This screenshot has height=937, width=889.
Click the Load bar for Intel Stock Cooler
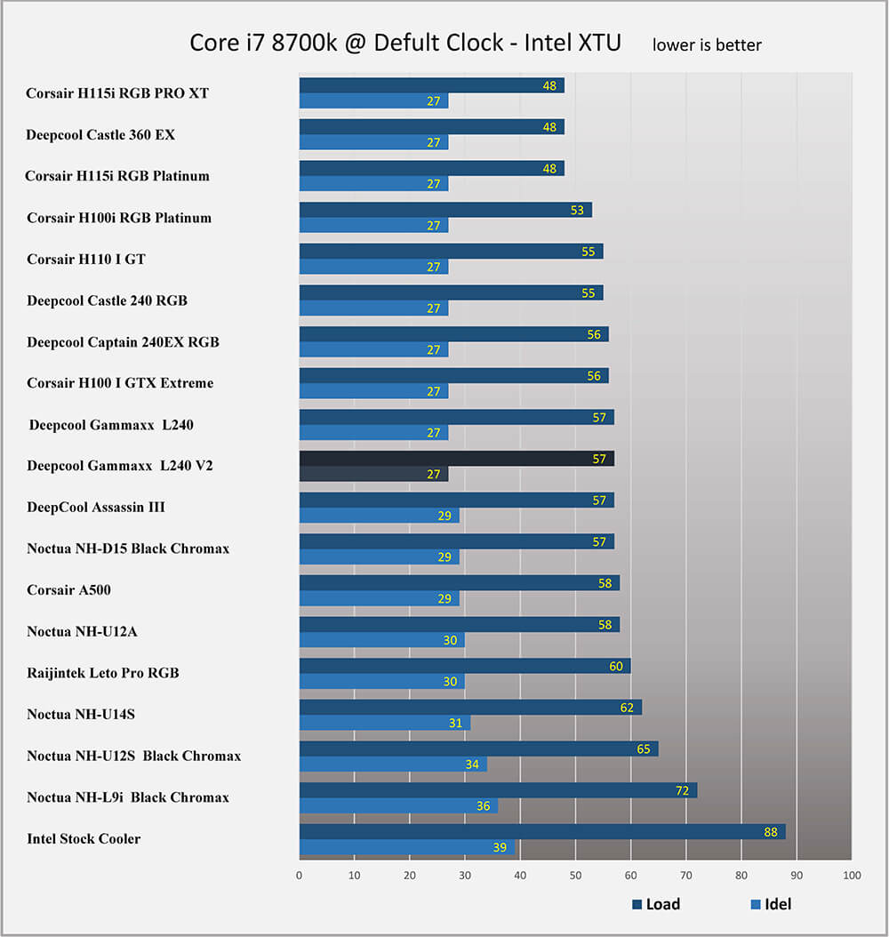pyautogui.click(x=542, y=832)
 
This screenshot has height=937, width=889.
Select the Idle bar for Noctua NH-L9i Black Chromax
pyautogui.click(x=398, y=806)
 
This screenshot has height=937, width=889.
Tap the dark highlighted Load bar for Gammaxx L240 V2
pyautogui.click(x=457, y=459)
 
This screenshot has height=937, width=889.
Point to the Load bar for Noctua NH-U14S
pyautogui.click(x=470, y=708)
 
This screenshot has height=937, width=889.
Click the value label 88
pyautogui.click(x=771, y=832)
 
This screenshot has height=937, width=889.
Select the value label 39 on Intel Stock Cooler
pyautogui.click(x=500, y=848)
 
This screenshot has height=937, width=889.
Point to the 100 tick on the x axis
pyautogui.click(x=852, y=877)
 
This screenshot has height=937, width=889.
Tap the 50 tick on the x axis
pyautogui.click(x=575, y=877)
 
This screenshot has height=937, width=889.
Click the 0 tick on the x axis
pyautogui.click(x=300, y=877)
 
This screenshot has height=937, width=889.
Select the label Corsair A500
pyautogui.click(x=68, y=590)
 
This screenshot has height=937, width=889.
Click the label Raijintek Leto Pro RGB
pyautogui.click(x=103, y=673)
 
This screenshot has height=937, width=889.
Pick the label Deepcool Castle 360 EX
pyautogui.click(x=100, y=135)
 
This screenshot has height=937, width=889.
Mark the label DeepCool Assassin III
pyautogui.click(x=96, y=508)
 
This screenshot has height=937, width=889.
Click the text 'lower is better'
pyautogui.click(x=707, y=44)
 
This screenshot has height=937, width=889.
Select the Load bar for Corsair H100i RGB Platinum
pyautogui.click(x=445, y=210)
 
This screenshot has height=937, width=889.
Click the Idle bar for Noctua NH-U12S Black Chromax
pyautogui.click(x=393, y=765)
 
